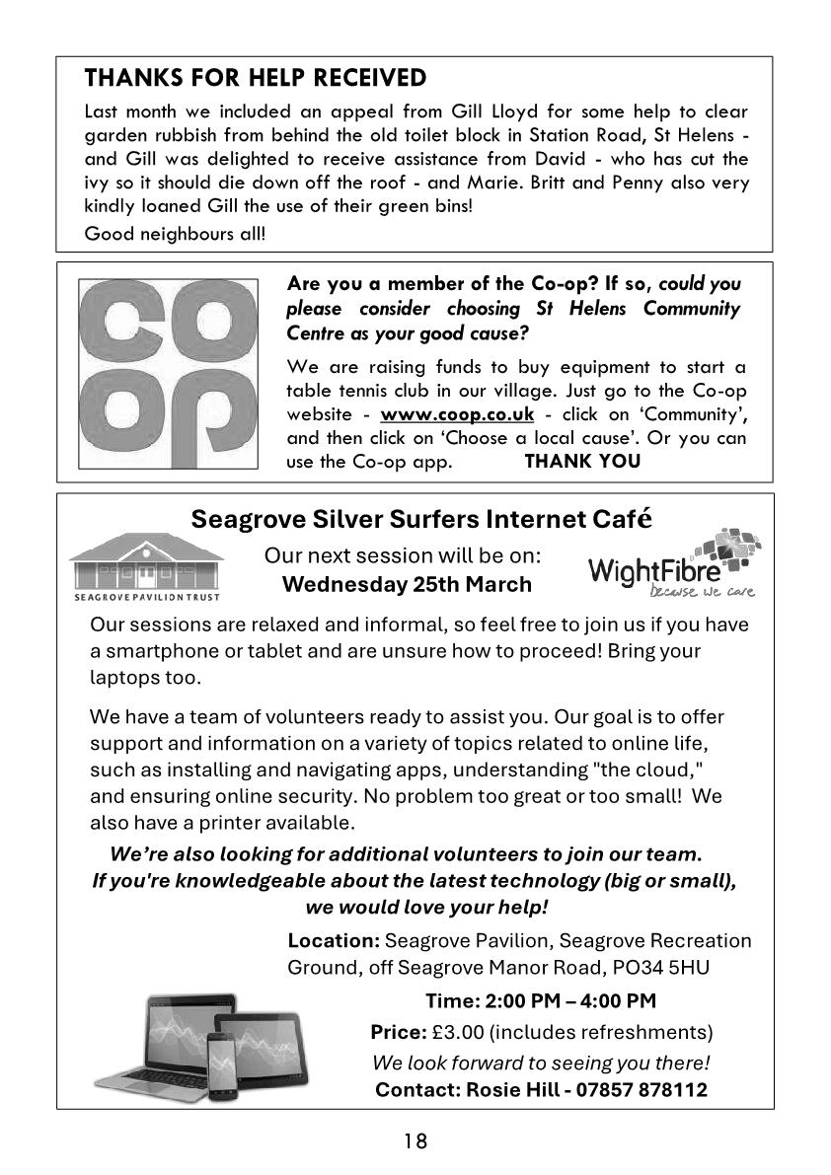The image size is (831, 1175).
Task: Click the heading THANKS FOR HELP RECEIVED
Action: [256, 78]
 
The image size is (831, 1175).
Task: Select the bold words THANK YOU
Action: [582, 461]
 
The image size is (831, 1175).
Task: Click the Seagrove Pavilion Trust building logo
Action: [146, 565]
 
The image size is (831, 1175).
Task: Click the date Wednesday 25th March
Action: [407, 584]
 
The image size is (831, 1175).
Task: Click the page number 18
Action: [415, 1141]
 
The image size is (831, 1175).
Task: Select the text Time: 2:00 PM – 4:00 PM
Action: [540, 1001]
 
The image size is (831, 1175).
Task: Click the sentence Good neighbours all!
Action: [175, 234]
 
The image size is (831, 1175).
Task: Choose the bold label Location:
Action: [334, 940]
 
